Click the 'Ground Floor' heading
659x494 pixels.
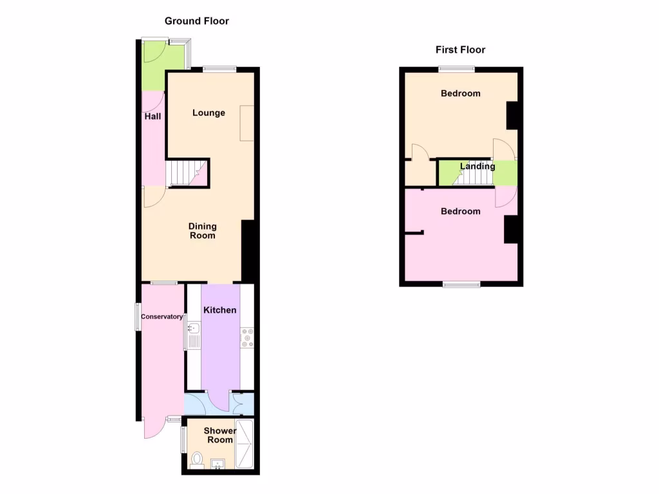click(196, 21)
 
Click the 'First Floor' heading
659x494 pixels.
click(460, 50)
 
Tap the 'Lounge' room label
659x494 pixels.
click(209, 113)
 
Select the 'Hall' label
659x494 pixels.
click(153, 116)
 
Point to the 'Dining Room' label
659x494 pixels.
click(202, 231)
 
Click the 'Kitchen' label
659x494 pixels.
click(220, 310)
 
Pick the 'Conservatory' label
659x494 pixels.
click(162, 316)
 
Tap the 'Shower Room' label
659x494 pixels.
click(220, 435)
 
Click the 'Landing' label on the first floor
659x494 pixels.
click(478, 166)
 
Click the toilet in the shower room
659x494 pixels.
click(198, 460)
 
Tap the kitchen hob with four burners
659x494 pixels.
click(247, 338)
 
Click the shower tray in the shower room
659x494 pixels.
click(245, 444)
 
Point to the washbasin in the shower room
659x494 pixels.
click(218, 464)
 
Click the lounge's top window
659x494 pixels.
click(219, 69)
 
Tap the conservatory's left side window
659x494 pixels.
click(137, 316)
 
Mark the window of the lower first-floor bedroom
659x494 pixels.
click(461, 284)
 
